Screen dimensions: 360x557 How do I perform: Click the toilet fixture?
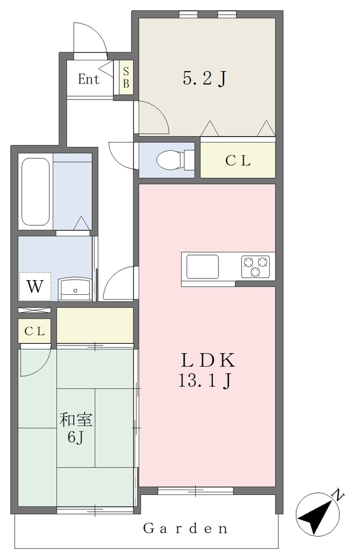pos(175,160)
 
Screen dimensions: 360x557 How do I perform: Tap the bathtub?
pos(35,191)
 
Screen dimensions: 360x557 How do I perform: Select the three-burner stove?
pos(255,267)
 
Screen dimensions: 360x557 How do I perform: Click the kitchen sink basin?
pos(202,267)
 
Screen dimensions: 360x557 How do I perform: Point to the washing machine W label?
pos(35,286)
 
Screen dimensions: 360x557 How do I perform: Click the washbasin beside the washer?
pos(75,288)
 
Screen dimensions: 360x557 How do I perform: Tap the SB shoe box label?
pos(126,77)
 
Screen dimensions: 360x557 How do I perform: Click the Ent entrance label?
pos(89,79)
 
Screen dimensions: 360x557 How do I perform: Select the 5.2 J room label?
pos(205,78)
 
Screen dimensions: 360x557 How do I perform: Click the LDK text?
pos(208,360)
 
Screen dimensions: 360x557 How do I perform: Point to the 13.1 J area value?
pos(205,381)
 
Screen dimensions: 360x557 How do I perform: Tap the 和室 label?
pos(76,419)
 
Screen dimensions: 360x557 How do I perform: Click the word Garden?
pos(185,529)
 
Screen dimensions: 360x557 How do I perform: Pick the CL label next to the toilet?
pos(238,161)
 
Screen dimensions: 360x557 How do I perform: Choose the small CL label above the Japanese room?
pos(35,331)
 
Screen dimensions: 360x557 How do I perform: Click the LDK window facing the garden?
pos(196,491)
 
